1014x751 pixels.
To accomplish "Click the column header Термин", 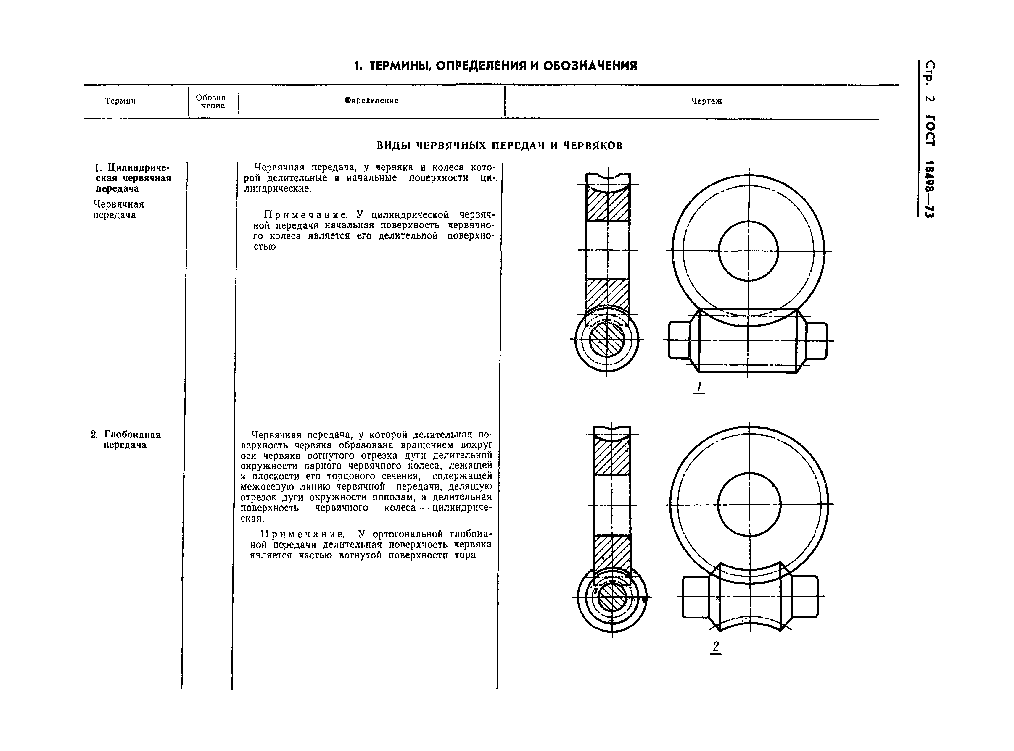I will coord(120,101).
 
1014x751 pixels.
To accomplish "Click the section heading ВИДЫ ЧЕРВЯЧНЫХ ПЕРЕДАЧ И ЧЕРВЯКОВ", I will coord(500,146).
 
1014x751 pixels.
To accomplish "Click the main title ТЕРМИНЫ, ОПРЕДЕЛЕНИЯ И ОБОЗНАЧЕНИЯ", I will coord(495,66).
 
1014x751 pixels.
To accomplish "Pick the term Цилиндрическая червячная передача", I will coord(133,178).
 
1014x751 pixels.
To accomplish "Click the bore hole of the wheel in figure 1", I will coord(748,251).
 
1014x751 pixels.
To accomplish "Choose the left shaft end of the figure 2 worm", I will coord(695,596).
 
